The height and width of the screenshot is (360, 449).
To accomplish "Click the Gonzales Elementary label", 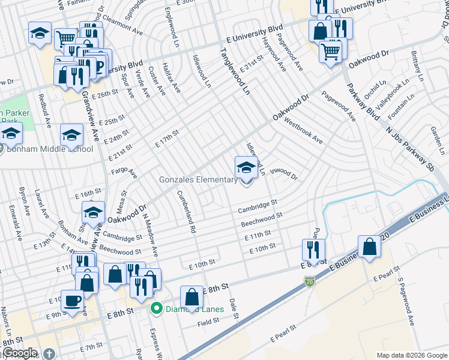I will tap(197, 180).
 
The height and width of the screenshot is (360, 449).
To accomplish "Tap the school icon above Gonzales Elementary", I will tap(246, 167).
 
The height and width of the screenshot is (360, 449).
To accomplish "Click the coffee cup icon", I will tap(72, 299).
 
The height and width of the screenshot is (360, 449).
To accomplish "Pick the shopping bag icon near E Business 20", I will tap(370, 247).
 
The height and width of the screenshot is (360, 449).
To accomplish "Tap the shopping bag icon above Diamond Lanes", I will tap(191, 298).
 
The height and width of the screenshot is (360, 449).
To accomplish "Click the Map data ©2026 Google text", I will tap(411, 355).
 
